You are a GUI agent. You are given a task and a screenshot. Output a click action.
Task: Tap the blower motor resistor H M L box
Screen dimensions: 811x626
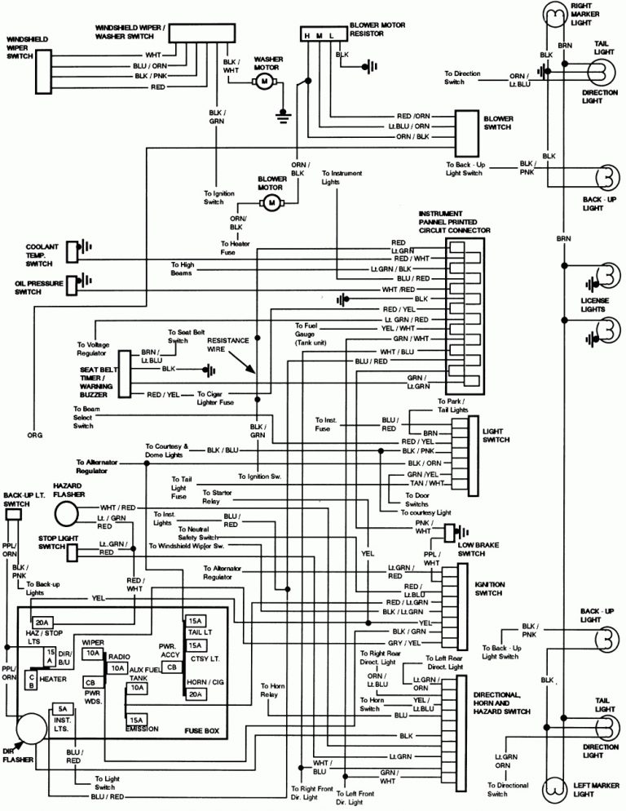[319, 37]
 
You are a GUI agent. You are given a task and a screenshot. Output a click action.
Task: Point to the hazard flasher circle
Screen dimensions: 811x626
[68, 513]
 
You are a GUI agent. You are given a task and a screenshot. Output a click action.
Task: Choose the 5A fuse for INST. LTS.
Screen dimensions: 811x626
[61, 709]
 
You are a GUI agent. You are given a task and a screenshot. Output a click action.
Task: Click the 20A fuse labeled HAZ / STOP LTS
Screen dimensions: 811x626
[43, 623]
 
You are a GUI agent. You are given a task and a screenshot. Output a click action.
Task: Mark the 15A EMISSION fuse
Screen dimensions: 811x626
[135, 720]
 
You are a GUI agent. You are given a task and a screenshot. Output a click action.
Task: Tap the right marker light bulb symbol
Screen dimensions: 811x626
[555, 11]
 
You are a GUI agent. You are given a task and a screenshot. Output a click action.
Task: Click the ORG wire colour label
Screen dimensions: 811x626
[35, 435]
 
